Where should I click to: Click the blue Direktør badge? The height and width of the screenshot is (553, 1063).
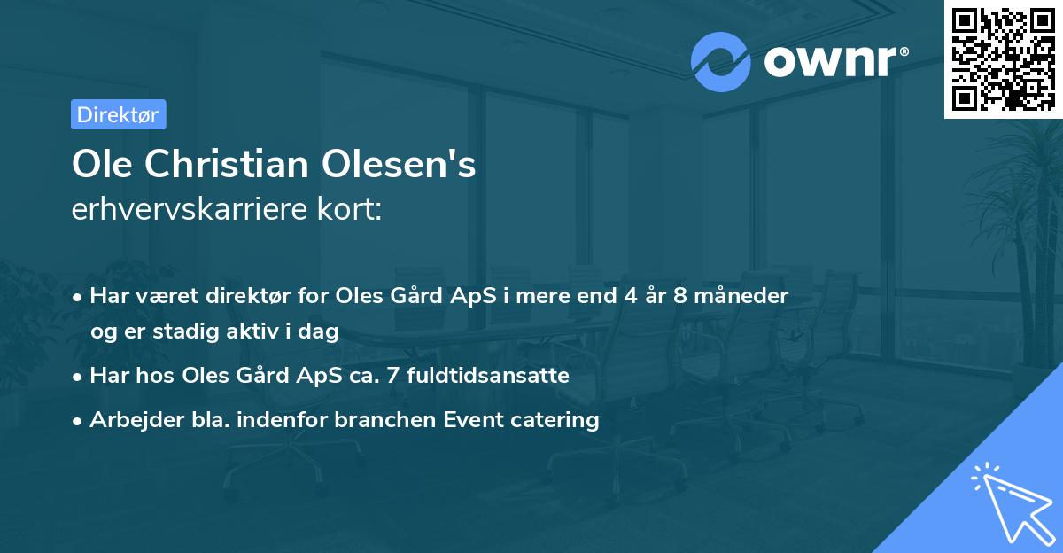tap(118, 114)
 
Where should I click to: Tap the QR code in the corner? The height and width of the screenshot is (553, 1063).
tap(1003, 58)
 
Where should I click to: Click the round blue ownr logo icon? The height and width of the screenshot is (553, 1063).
tap(721, 61)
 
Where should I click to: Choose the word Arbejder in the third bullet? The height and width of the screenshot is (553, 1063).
tap(130, 419)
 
